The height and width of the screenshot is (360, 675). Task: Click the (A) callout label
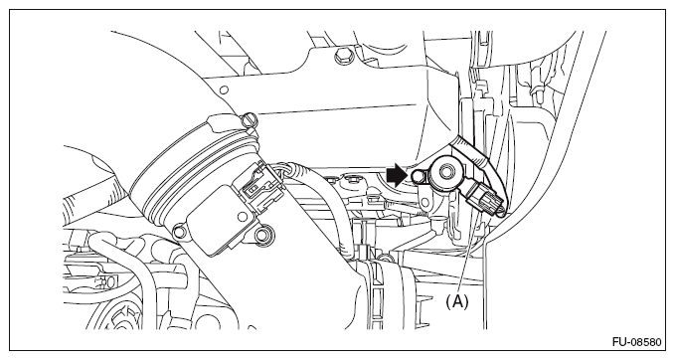pyautogui.click(x=456, y=302)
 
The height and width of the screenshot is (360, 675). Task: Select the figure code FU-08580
pyautogui.click(x=636, y=342)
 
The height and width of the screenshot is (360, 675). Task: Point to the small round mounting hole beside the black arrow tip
pyautogui.click(x=418, y=176)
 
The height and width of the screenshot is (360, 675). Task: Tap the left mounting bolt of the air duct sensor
pyautogui.click(x=180, y=232)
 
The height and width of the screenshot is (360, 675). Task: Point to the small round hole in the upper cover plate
pyautogui.click(x=224, y=90)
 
